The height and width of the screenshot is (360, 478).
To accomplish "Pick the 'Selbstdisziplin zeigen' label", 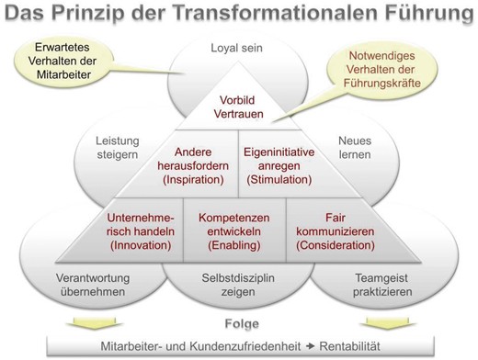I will (238, 283).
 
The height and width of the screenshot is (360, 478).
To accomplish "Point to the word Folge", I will (239, 323).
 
